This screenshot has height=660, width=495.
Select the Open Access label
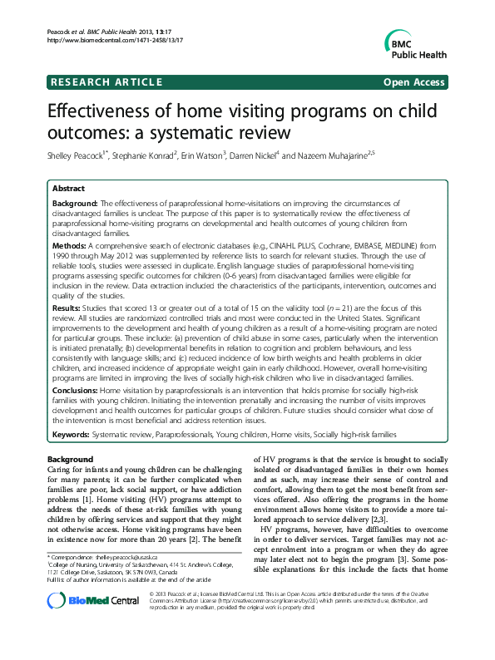(413, 82)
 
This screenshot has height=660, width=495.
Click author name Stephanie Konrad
(153, 155)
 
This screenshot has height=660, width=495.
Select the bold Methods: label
(70, 247)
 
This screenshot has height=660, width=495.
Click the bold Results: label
(68, 307)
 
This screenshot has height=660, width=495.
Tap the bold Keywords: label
(72, 434)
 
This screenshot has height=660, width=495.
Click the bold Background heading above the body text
(70, 460)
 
